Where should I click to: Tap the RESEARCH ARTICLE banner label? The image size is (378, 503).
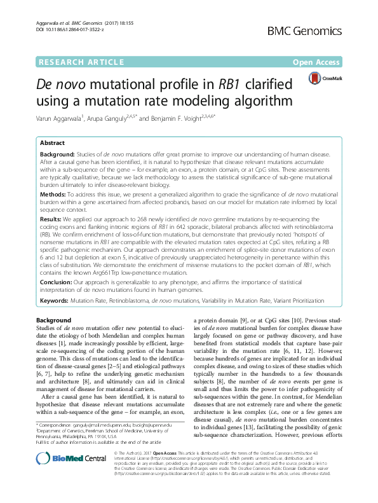[x=81, y=62]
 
